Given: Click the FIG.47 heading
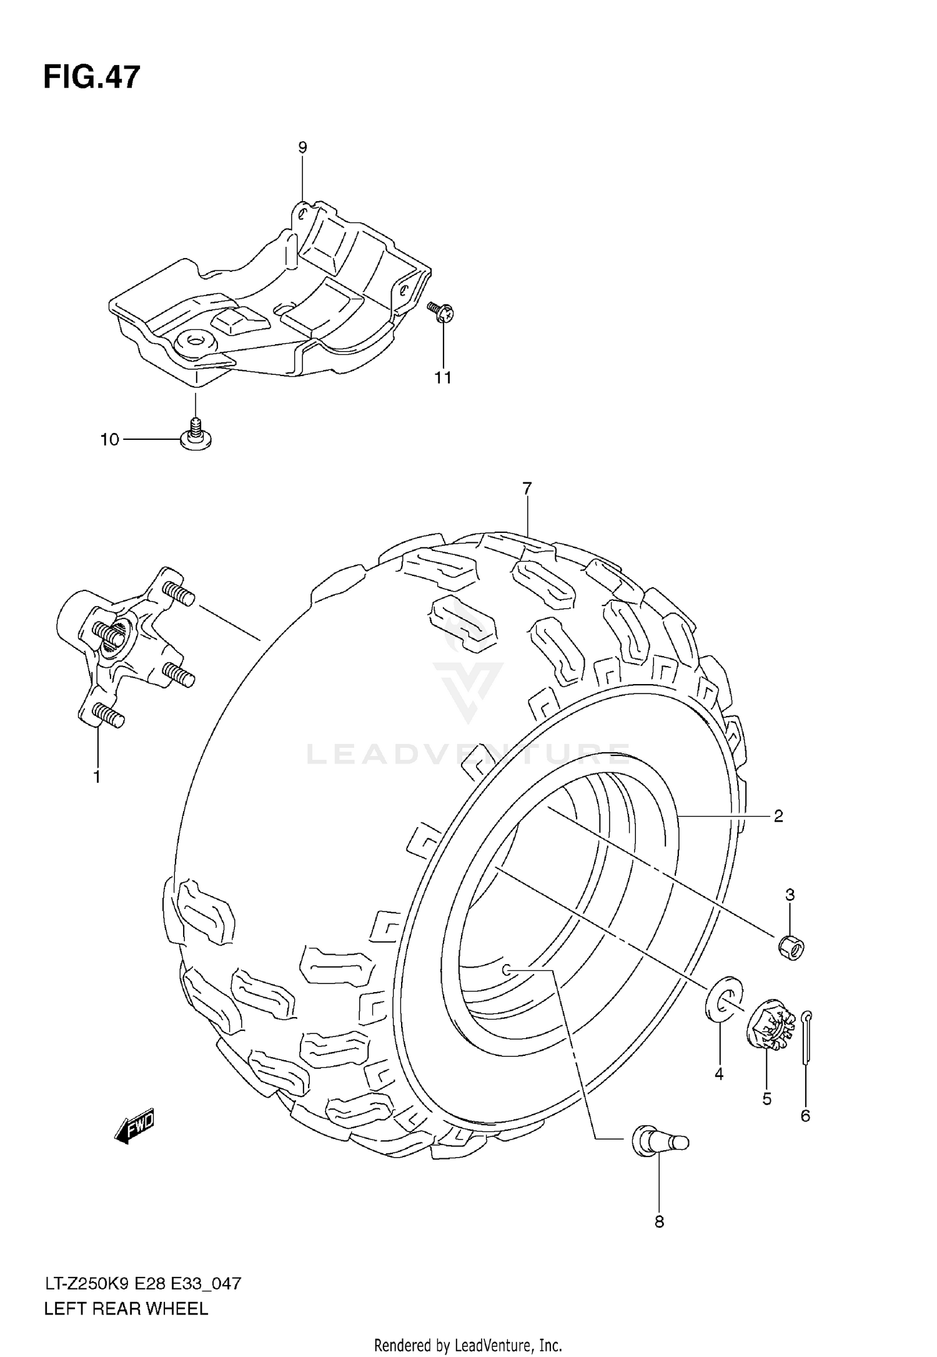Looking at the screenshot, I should coord(92,78).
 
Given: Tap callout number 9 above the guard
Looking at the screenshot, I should coord(302,148).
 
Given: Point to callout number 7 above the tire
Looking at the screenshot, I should coord(527,489).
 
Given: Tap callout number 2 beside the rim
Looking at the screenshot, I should coord(778,816).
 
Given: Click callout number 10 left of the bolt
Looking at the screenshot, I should coord(109,440).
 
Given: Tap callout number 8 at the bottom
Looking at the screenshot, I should coord(659,1222).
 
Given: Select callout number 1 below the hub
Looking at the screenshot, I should coord(97,777).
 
